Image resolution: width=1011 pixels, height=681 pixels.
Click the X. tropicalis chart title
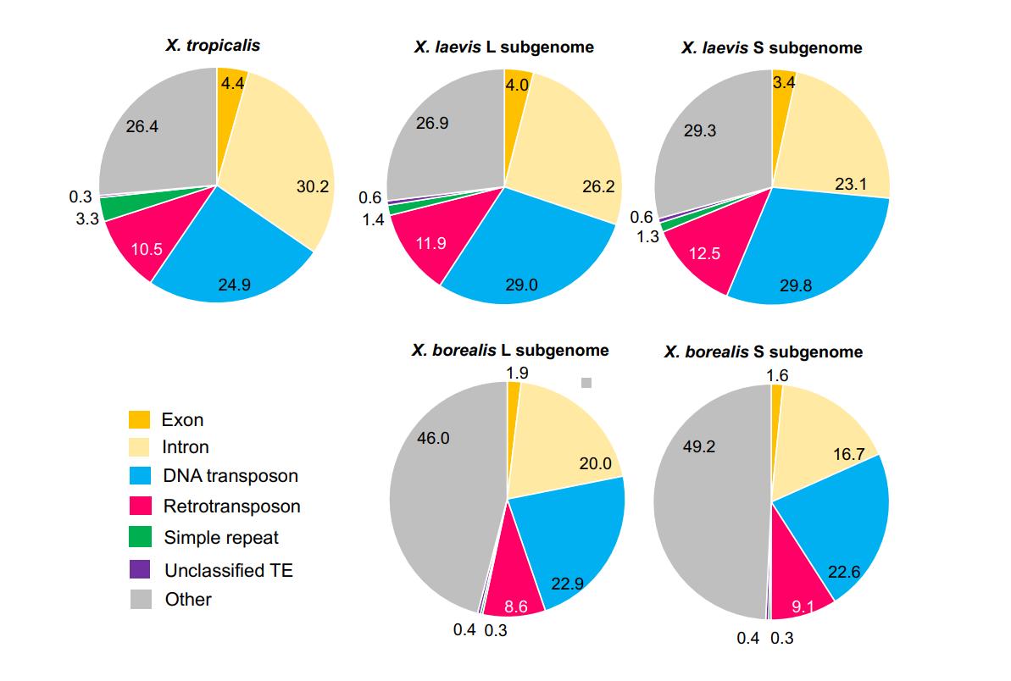point(213,45)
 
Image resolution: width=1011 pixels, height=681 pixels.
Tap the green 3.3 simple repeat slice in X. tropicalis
point(114,206)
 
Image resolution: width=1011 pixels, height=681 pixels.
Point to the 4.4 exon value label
point(231,83)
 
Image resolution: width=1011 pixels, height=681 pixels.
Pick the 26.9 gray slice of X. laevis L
point(441,136)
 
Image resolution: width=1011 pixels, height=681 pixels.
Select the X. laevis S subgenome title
point(771,47)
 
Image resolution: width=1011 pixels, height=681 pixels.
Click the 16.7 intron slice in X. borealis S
point(822,440)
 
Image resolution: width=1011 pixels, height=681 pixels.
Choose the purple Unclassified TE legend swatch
point(140,569)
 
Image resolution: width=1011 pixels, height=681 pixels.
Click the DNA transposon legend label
point(230,476)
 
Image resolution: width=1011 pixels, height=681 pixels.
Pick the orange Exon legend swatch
point(140,419)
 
